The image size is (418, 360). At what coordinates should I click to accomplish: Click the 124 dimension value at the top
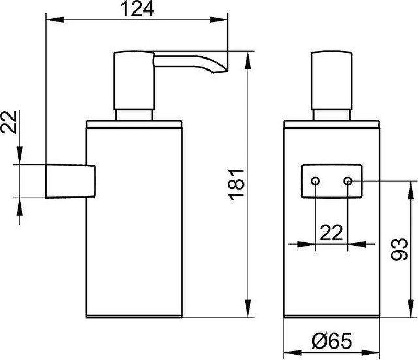[x=137, y=8]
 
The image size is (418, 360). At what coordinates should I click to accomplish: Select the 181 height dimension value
[x=236, y=184]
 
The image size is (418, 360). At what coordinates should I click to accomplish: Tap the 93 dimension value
[x=399, y=249]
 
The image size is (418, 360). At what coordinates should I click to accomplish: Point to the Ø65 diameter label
[x=332, y=341]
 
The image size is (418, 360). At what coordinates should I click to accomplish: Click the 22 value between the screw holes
[x=331, y=233]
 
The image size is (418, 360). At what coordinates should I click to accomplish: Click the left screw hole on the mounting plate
[x=316, y=181]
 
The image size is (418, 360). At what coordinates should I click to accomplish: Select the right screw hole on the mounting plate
[x=348, y=181]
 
